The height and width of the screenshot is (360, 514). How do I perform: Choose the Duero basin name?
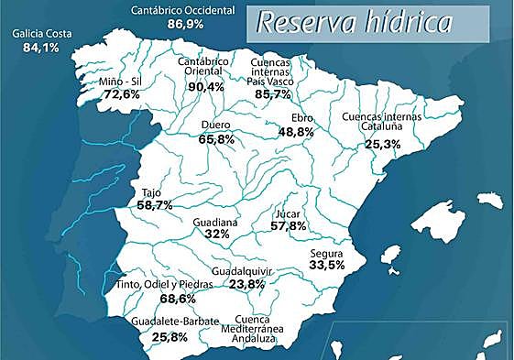[x=215, y=126]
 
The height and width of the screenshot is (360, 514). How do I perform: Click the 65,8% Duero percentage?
[x=216, y=140]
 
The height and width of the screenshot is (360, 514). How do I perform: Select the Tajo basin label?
[x=152, y=193]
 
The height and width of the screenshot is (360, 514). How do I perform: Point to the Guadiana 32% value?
[x=217, y=235]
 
